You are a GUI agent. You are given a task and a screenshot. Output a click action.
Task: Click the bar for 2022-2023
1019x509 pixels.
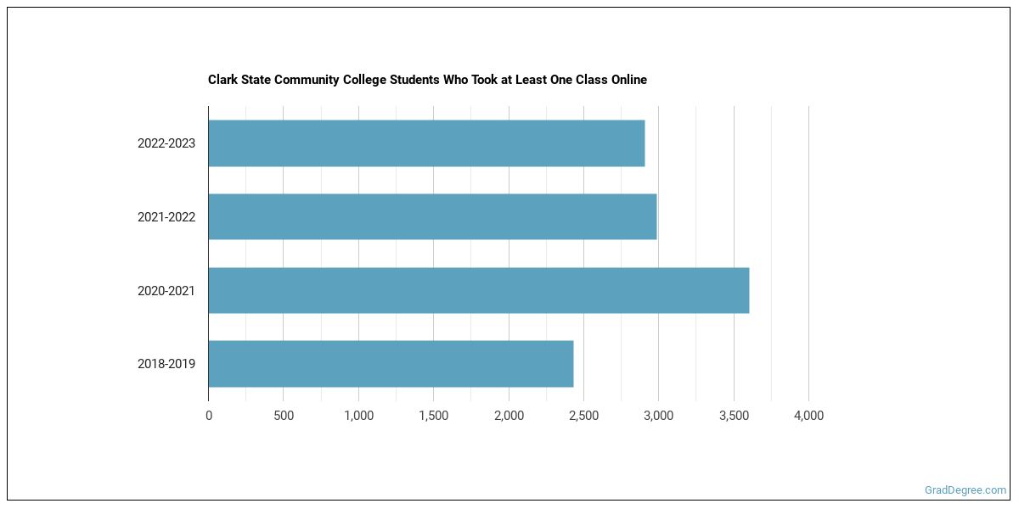point(426,143)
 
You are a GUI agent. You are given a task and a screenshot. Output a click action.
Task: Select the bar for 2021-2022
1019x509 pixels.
point(432,216)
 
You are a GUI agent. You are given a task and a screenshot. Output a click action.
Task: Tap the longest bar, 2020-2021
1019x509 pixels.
point(478,290)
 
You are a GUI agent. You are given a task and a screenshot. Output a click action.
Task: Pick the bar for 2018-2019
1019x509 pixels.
point(391,364)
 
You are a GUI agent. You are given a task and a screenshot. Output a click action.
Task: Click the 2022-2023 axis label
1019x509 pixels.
point(166,143)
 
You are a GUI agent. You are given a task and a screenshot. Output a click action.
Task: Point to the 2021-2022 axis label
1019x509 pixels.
point(166,217)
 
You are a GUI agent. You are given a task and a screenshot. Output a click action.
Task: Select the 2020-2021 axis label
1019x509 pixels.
point(166,291)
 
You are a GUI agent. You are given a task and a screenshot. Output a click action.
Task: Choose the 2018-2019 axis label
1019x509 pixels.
point(166,364)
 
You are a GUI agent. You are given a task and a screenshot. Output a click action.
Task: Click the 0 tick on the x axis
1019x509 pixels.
point(209,416)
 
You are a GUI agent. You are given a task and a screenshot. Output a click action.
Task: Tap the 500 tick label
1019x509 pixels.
point(284,416)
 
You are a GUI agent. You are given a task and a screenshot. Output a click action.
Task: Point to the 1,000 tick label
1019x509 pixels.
point(358,416)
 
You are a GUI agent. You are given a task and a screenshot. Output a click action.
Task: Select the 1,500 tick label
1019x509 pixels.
point(433,416)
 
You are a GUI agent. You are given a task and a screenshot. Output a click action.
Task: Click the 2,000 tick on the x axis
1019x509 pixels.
point(509,416)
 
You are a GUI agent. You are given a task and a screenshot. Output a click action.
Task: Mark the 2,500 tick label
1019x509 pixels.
point(583,416)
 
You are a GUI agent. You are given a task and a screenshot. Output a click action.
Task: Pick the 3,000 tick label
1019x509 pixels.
point(658,416)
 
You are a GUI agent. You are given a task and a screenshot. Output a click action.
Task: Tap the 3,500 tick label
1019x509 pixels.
point(734,416)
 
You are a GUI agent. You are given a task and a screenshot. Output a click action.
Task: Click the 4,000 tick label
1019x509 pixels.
point(808,416)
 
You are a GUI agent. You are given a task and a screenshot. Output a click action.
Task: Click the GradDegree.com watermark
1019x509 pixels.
point(966,489)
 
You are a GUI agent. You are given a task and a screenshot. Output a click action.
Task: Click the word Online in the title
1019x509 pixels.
point(628,80)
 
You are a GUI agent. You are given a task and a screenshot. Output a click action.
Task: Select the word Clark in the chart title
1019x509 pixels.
point(222,80)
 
